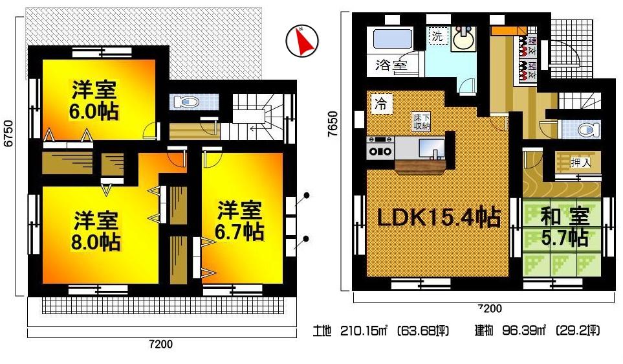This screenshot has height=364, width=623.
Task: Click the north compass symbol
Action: pyautogui.click(x=300, y=40)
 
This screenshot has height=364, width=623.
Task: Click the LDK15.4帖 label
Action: pyautogui.click(x=439, y=218)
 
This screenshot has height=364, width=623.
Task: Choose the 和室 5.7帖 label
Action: pyautogui.click(x=565, y=227)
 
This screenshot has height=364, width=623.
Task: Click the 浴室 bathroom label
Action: pyautogui.click(x=391, y=65)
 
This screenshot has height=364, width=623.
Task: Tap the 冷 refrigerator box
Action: pyautogui.click(x=381, y=104)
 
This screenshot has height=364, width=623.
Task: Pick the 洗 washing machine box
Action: pyautogui.click(x=438, y=36)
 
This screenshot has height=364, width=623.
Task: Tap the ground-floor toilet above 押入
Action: pyautogui.click(x=585, y=129)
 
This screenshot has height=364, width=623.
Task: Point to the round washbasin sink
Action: pyautogui.click(x=464, y=41)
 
